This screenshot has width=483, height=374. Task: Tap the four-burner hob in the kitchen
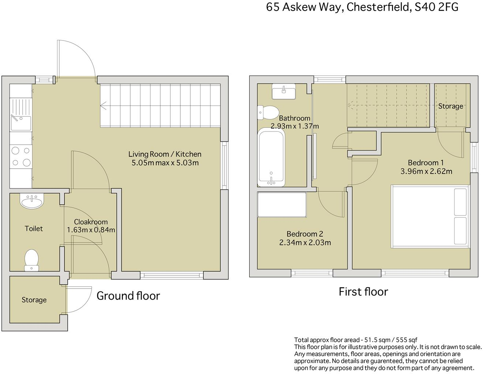[21, 156]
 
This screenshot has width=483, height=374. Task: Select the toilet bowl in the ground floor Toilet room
[31, 260]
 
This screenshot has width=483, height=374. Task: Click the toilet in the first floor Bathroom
[268, 112]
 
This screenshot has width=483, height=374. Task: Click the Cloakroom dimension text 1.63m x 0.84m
[91, 230]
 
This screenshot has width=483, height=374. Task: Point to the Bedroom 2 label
[305, 234]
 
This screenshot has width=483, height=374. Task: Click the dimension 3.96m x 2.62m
[426, 171]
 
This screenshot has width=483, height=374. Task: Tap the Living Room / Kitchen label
[165, 154]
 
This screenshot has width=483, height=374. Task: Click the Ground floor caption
[128, 295]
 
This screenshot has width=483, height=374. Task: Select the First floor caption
[363, 291]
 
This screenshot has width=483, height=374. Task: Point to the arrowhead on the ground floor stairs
[103, 106]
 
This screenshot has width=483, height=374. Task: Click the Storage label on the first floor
[450, 106]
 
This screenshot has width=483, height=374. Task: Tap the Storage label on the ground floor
[34, 300]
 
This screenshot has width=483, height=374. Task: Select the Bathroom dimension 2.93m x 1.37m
[295, 126]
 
